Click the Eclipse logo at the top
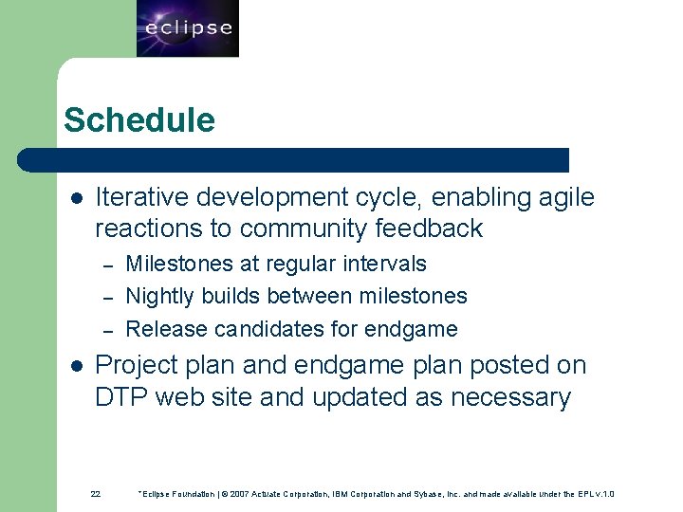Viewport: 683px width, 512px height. coord(188,28)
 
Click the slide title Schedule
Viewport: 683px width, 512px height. coord(139,120)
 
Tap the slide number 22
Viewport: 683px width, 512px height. coord(95,494)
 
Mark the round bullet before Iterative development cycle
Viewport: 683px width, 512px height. coord(77,199)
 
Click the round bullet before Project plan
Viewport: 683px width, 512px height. coord(77,366)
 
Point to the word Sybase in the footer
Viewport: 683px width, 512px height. coord(451,494)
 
